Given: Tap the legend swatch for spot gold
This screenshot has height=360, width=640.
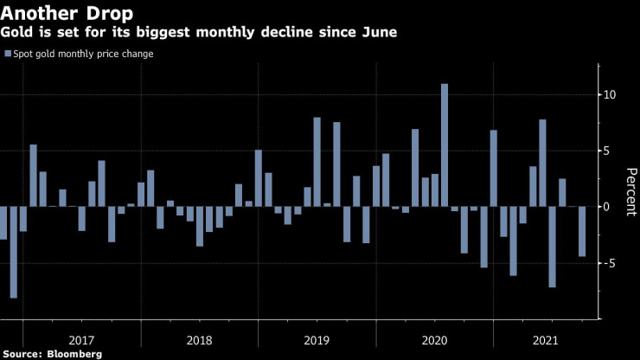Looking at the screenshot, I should click(8, 55).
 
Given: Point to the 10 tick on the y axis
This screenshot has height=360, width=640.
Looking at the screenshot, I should click(609, 94).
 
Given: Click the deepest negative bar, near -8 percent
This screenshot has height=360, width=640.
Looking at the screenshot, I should click(14, 252).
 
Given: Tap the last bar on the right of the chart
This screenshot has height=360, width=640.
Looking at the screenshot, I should click(582, 231).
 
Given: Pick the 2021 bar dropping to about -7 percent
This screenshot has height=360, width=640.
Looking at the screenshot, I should click(553, 247).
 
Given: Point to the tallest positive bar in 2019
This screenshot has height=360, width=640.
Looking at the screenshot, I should click(317, 162).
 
